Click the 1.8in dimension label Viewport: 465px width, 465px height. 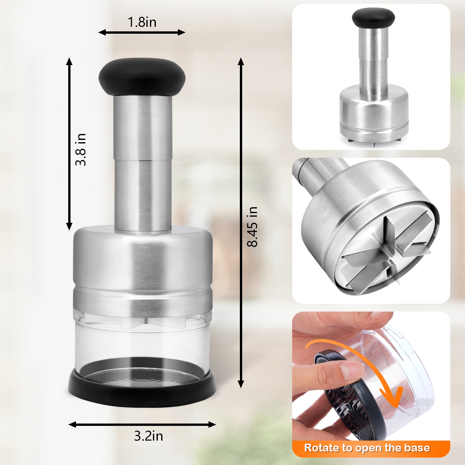(x=142, y=22)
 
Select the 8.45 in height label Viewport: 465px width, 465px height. (x=252, y=227)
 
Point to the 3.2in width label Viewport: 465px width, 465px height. (x=148, y=436)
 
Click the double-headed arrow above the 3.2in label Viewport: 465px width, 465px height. (x=142, y=425)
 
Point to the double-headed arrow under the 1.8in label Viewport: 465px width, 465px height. (x=142, y=32)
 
